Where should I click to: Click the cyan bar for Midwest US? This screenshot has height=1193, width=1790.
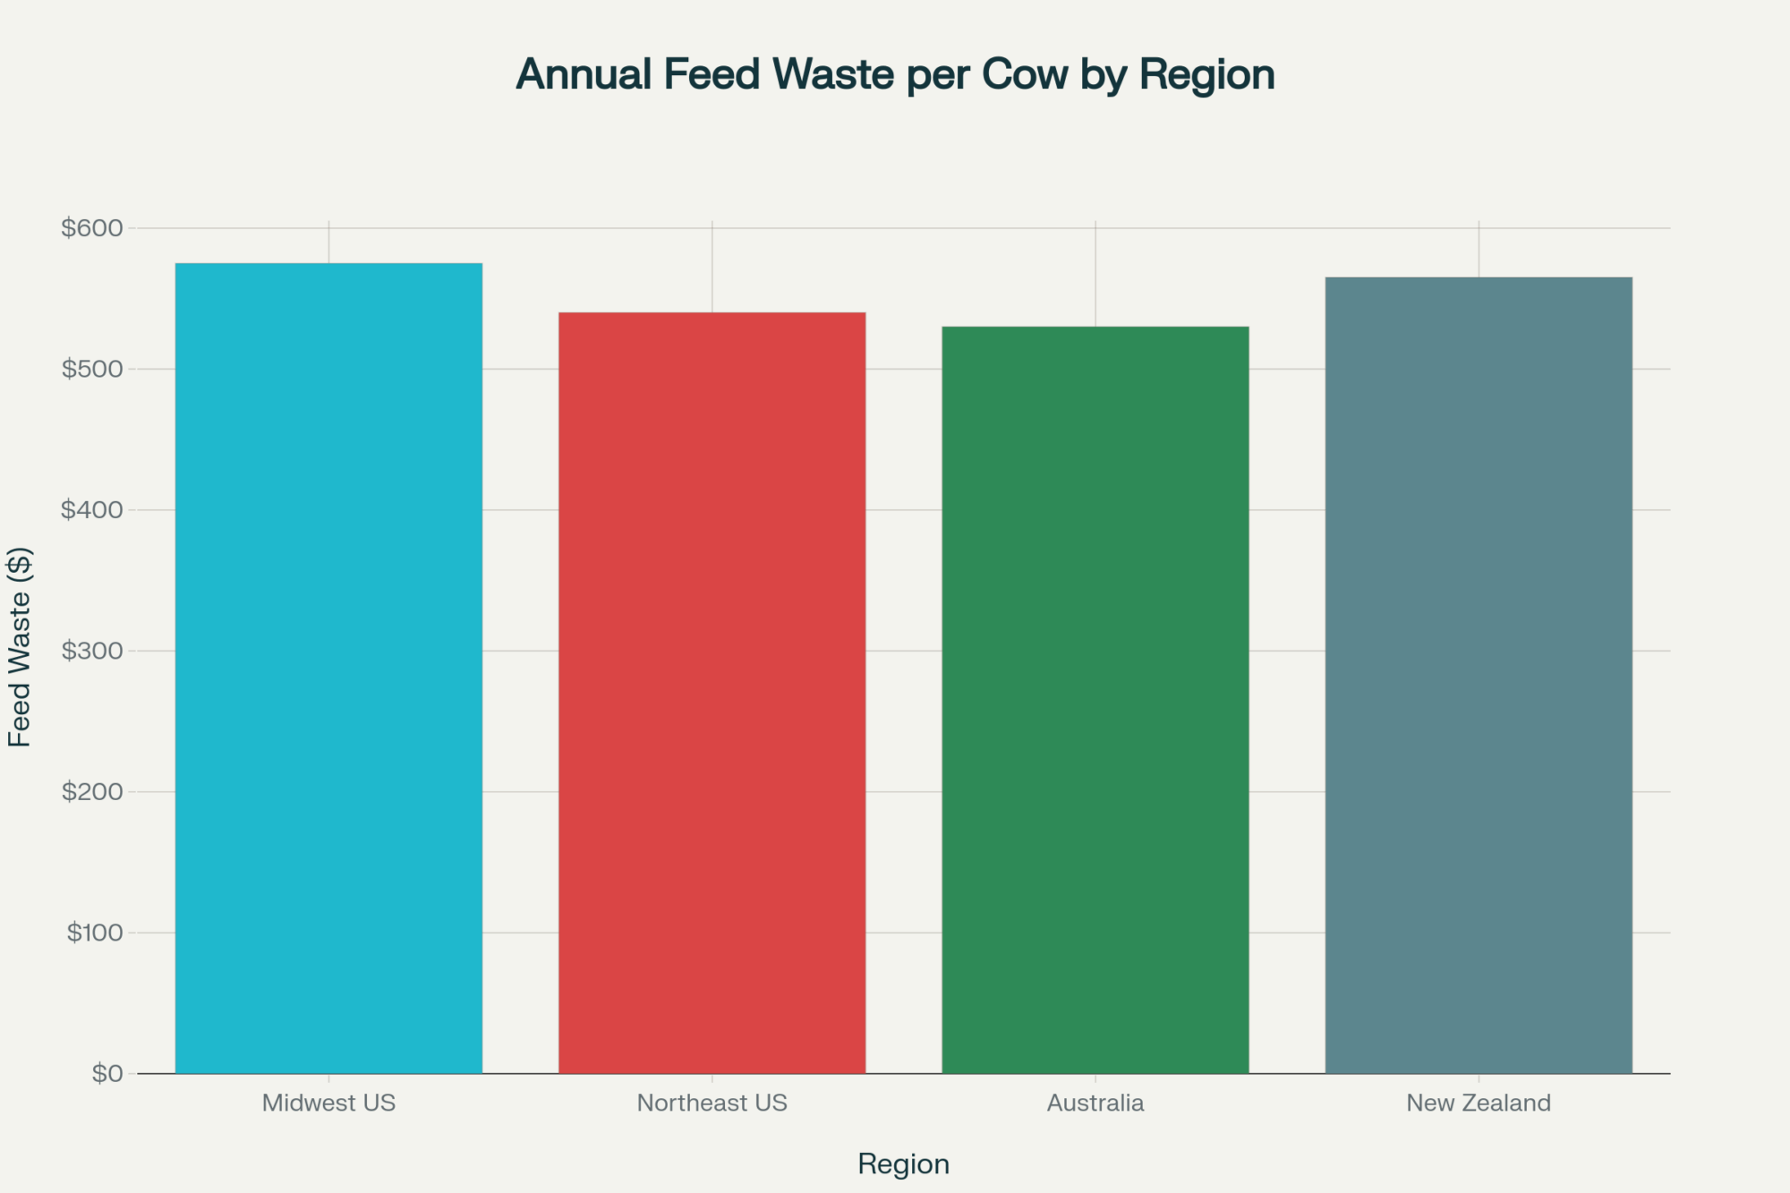click(328, 668)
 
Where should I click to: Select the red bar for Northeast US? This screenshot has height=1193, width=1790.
click(712, 693)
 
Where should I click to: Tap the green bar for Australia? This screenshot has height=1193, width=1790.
click(1095, 700)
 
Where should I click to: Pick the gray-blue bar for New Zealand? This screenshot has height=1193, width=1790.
click(1479, 675)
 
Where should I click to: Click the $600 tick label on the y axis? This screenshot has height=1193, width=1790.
click(91, 228)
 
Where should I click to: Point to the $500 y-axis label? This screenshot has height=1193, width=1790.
click(91, 369)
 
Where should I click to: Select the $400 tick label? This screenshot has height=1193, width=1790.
click(91, 510)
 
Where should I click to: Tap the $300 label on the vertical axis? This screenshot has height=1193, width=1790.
click(91, 651)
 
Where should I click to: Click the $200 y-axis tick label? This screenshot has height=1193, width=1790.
click(91, 792)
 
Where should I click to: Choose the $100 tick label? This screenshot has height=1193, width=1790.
click(94, 933)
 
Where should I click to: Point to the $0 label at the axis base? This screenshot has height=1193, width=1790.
click(107, 1073)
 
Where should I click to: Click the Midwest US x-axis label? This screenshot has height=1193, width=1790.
click(328, 1103)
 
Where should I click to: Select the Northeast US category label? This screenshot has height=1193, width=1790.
click(712, 1103)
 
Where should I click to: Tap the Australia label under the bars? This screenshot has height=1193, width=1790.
click(1095, 1103)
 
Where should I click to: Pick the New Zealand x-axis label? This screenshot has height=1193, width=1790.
click(1479, 1103)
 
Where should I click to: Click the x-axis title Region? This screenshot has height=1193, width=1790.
click(903, 1163)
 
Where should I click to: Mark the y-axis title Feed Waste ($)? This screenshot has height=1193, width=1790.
click(20, 646)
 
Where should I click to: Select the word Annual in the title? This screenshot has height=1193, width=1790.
click(584, 74)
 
